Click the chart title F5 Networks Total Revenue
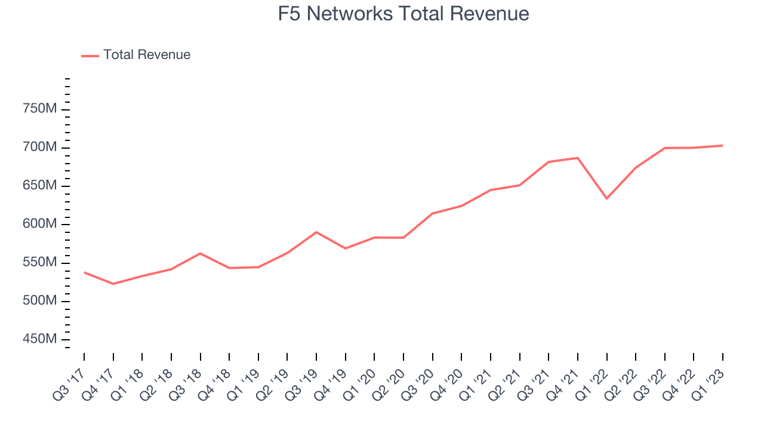point(403,13)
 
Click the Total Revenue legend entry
point(146,55)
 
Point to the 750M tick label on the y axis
point(39,109)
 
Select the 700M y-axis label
point(39,148)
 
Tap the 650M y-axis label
point(39,186)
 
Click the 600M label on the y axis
point(39,224)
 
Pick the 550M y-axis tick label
point(39,263)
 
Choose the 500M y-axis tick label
point(39,301)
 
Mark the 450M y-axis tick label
point(39,339)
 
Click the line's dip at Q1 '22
point(606,198)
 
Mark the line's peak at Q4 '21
point(578,158)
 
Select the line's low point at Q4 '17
point(113,284)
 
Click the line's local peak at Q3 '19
point(316,232)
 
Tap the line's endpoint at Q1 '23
point(722,145)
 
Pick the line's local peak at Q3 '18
point(200,253)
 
